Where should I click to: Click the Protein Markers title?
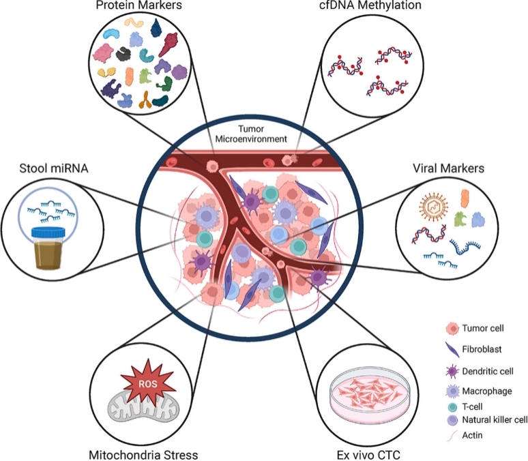click(133, 6)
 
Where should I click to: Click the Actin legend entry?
click(470, 434)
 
